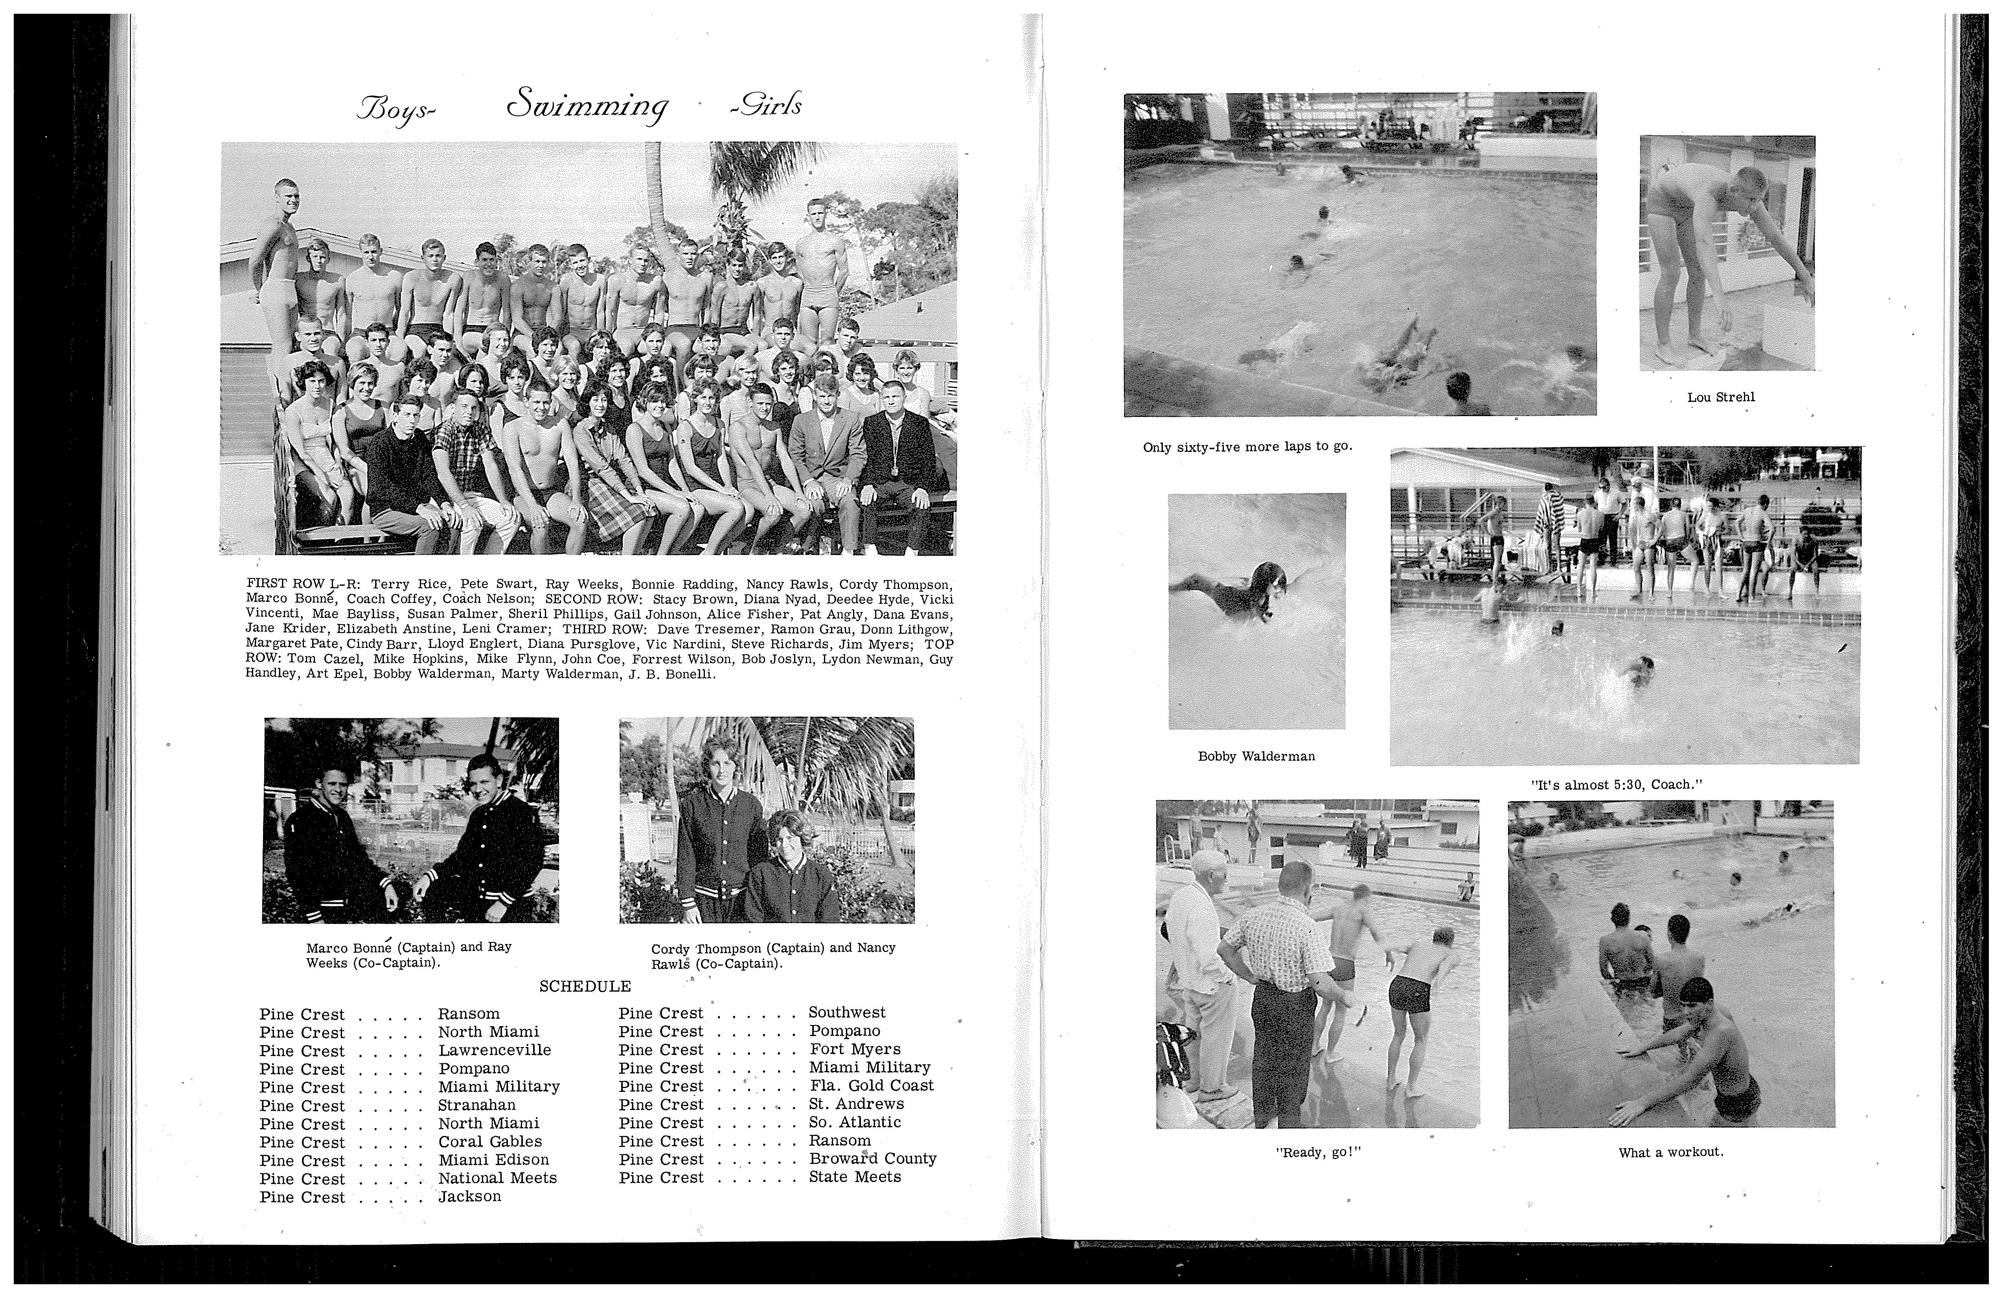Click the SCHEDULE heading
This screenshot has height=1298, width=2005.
(585, 986)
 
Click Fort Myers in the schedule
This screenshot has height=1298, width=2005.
(855, 1049)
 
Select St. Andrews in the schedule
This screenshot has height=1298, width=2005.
(856, 1104)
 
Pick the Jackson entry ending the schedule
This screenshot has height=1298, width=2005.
(469, 1197)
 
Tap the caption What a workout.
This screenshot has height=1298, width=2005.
(1670, 1152)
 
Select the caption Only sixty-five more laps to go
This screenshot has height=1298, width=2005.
(1247, 447)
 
